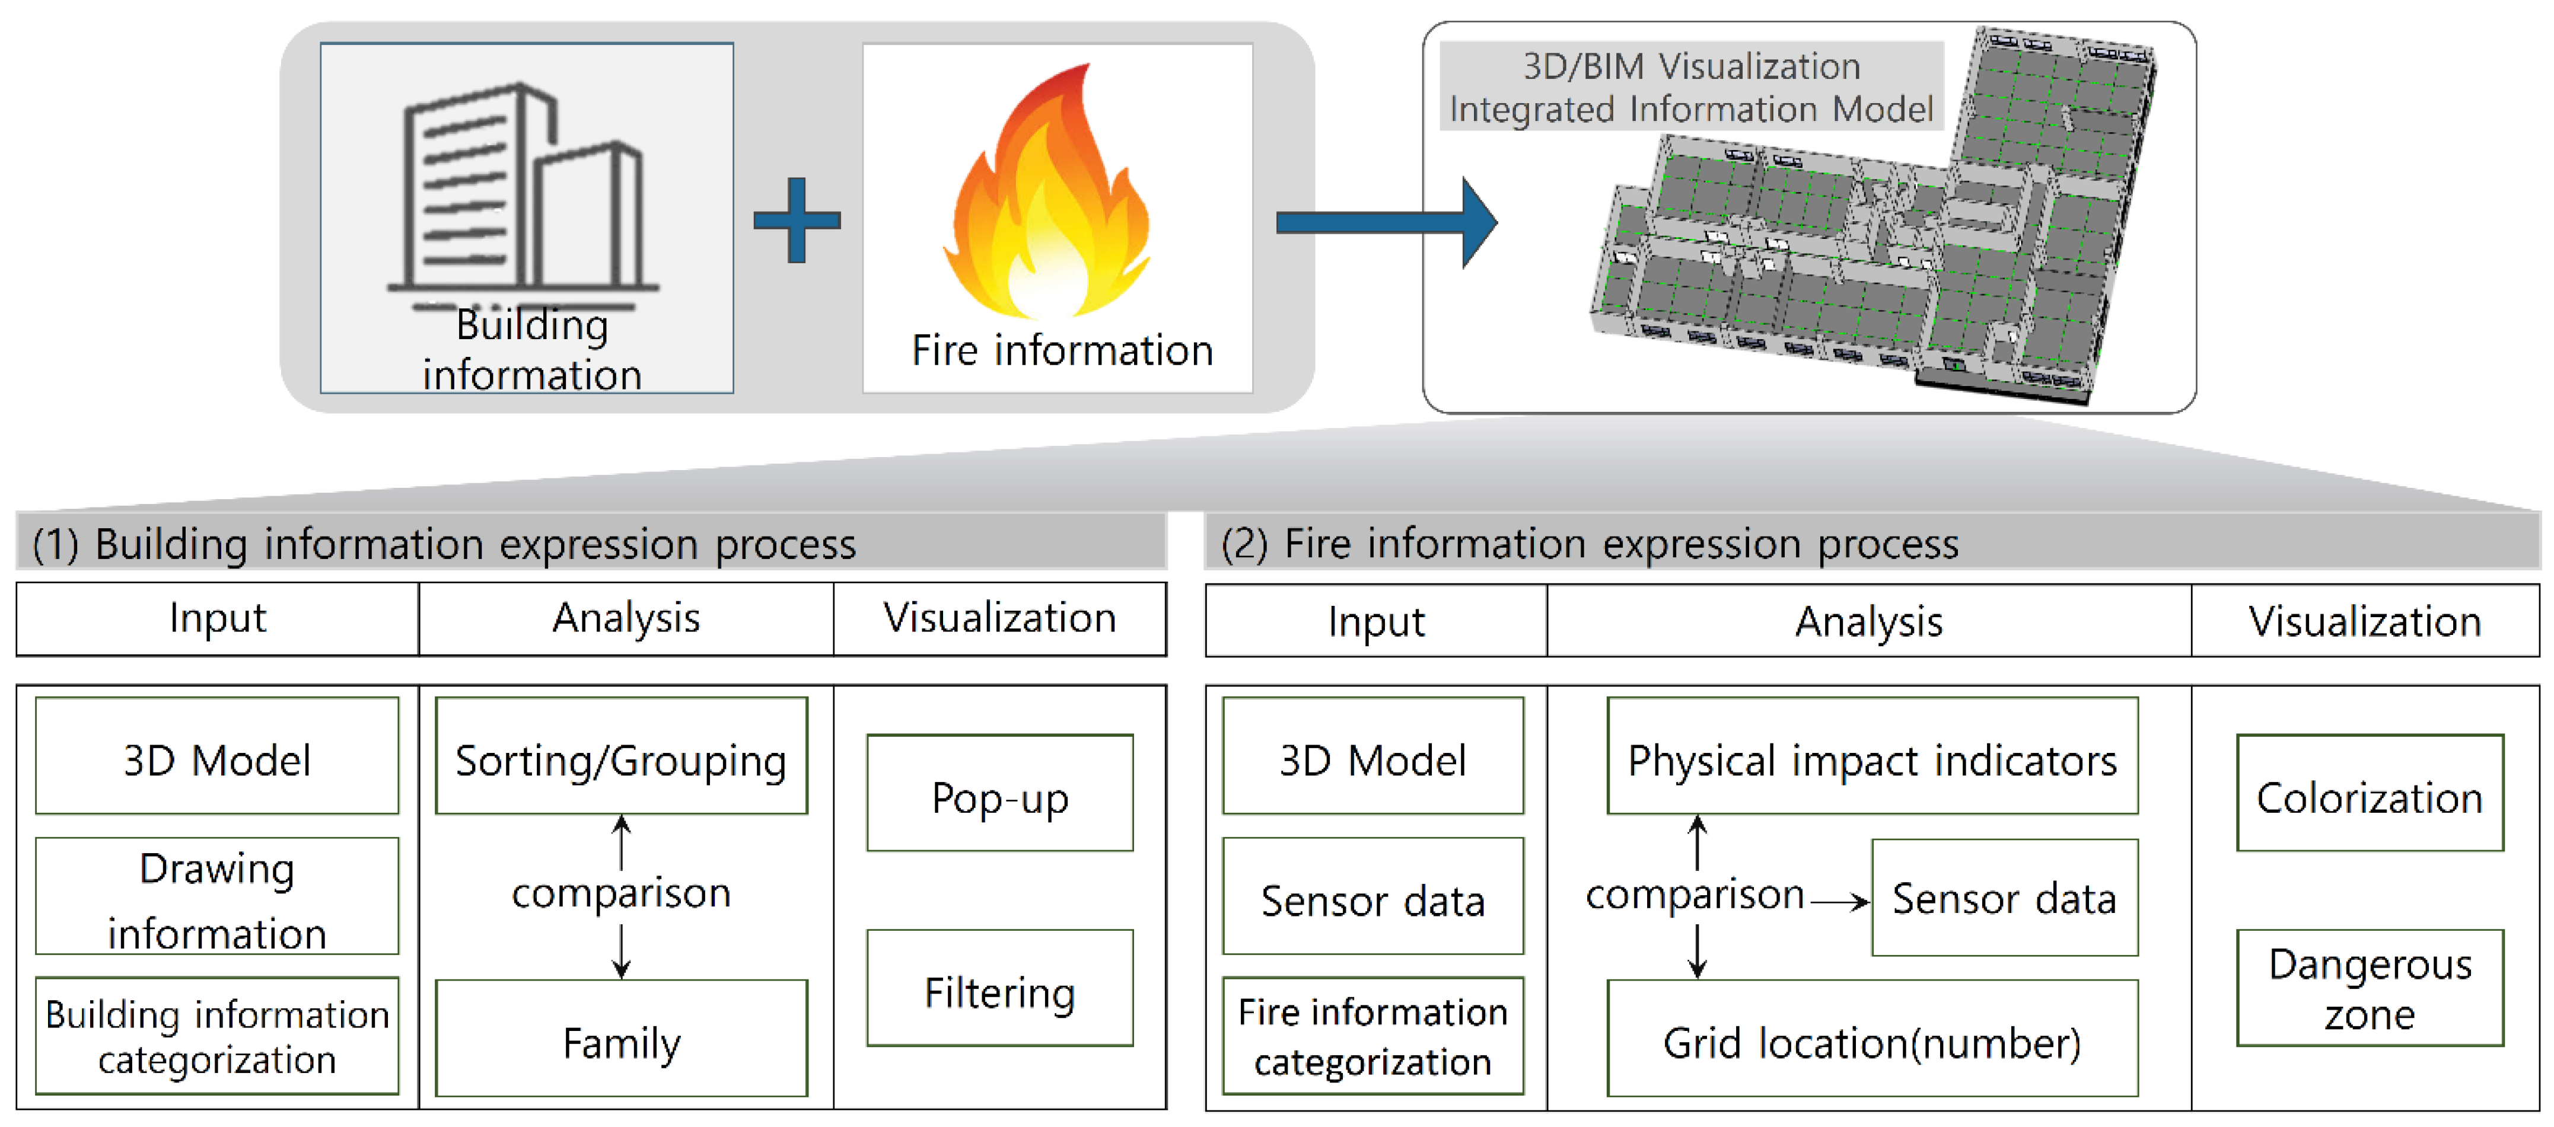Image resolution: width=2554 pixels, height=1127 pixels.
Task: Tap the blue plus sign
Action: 796,220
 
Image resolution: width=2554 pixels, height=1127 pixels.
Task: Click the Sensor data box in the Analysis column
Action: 2004,898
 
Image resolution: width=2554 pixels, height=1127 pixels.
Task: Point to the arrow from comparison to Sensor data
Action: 1839,902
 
